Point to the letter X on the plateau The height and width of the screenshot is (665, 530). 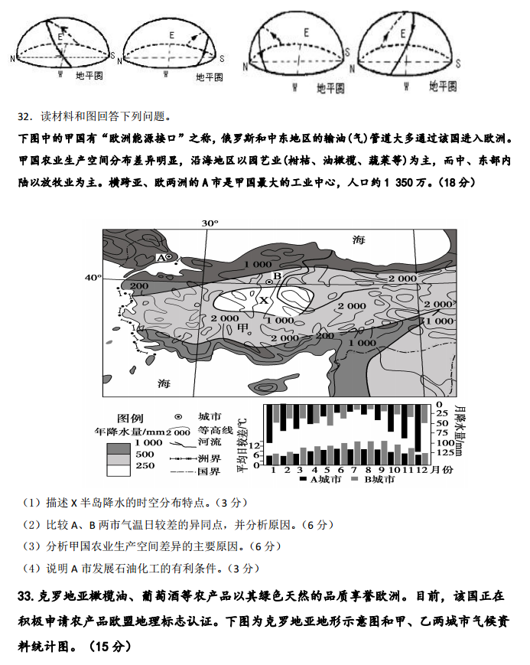coord(264,301)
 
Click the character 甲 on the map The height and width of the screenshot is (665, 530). coord(244,328)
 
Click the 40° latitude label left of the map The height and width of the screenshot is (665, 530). coord(93,277)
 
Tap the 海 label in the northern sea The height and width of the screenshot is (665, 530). coord(359,240)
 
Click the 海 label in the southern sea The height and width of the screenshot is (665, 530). coord(164,382)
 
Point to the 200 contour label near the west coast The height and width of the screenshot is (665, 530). coord(138,286)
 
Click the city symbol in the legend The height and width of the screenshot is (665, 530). coord(178,416)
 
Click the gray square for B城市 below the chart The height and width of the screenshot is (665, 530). coord(354,479)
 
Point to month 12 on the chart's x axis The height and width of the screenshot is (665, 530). coord(419,468)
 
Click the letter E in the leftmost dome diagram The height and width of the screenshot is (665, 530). coord(59,36)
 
